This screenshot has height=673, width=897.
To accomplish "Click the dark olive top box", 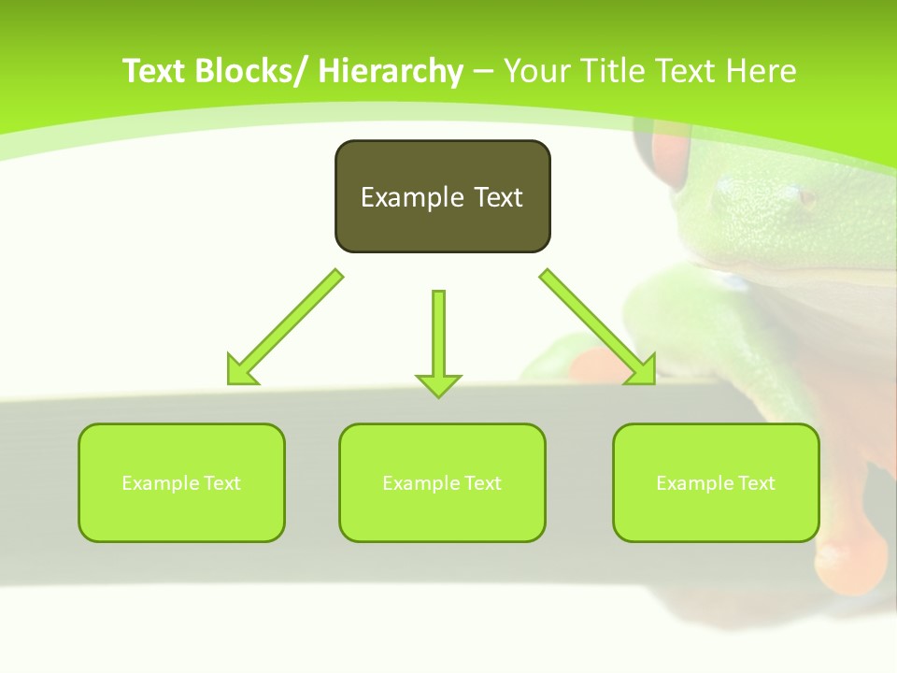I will point(442,196).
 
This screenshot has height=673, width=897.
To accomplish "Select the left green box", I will point(181,482).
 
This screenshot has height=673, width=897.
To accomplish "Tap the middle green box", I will point(442,482).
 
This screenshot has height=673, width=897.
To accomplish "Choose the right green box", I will point(716,482).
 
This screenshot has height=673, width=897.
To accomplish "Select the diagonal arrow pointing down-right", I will point(598,327).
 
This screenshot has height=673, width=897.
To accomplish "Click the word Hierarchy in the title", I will point(391,71).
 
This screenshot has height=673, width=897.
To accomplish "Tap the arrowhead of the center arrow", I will point(438,384).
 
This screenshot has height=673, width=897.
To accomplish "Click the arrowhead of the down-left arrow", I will point(241,371).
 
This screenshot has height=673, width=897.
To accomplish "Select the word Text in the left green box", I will point(221,483).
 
